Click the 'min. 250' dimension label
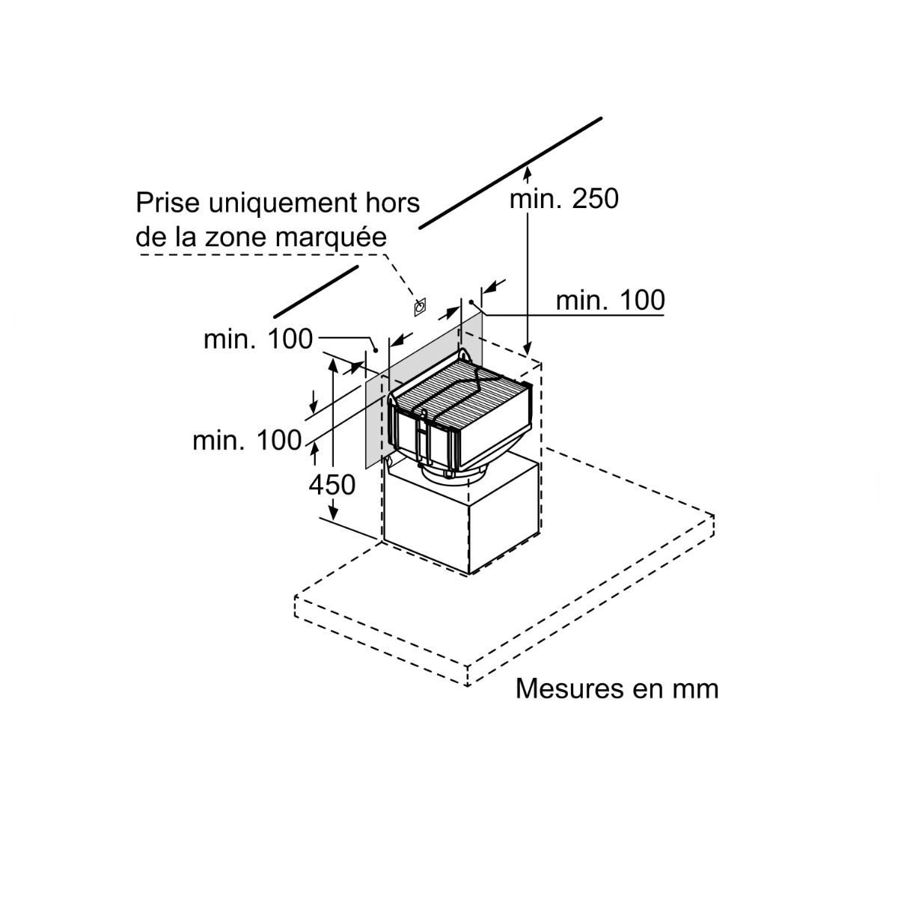[x=564, y=199]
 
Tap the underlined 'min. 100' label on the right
[x=609, y=300]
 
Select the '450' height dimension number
[x=332, y=485]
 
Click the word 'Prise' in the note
[x=168, y=203]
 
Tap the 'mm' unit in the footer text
[x=694, y=688]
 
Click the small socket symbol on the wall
[x=419, y=306]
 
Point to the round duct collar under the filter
[x=449, y=473]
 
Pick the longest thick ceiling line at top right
[x=510, y=171]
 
